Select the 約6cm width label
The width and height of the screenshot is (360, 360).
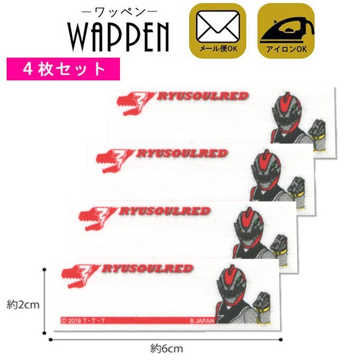pyautogui.click(x=166, y=347)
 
